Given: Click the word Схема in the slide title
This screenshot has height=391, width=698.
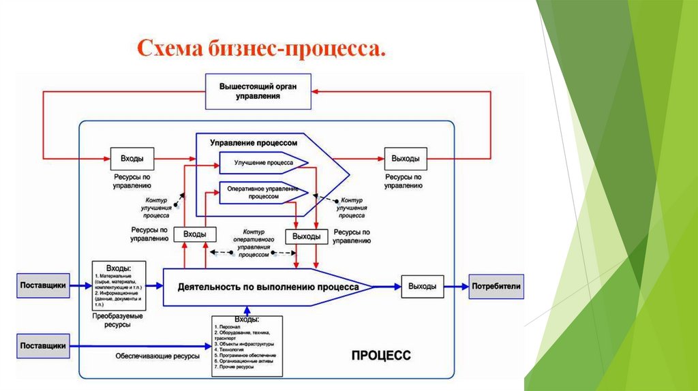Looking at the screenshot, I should point(166,50).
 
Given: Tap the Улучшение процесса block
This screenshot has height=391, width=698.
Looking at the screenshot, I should point(263,163).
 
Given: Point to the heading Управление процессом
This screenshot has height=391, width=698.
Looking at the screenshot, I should point(254,144).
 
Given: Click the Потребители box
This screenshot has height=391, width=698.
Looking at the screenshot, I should point(496,286).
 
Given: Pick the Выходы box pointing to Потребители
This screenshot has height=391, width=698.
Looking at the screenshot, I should point(422,286).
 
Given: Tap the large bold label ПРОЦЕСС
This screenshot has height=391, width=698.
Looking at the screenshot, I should point(381,355).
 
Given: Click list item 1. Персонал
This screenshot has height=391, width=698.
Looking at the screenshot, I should point(228,326).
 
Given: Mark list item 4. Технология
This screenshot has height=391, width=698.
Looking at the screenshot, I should point(231,349).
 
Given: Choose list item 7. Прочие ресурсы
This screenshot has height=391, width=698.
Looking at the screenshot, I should point(234,367).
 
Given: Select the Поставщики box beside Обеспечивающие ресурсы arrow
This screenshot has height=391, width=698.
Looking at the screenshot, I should point(43,346).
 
